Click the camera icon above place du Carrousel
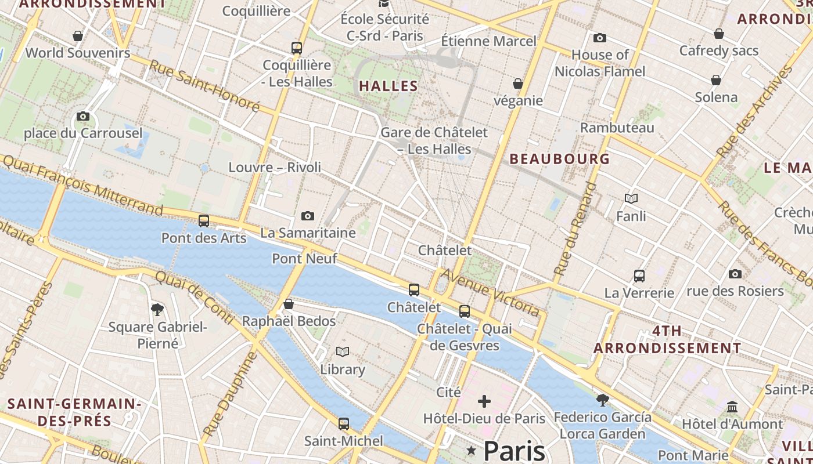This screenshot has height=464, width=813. tap(83, 117)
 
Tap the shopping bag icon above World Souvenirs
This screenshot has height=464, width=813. tap(78, 37)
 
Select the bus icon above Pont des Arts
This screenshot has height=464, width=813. tap(203, 221)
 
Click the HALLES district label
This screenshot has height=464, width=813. tap(388, 86)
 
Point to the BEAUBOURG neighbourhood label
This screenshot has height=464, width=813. tap(560, 159)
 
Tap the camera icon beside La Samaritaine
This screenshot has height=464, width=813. tap(308, 216)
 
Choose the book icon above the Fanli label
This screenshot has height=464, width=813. tap(631, 199)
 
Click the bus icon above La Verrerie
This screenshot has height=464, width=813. tap(639, 276)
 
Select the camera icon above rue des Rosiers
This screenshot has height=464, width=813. tap(735, 274)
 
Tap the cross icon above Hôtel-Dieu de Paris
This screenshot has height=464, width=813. tap(484, 401)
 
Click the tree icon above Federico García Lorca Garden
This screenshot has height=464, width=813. tap(602, 400)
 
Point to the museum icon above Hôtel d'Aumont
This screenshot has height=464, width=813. tap(732, 407)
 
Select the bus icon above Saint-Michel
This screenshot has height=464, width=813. tap(344, 424)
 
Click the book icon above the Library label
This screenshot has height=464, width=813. tap(343, 352)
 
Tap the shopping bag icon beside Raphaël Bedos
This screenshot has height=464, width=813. tap(288, 304)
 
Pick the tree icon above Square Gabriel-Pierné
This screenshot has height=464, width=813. tap(157, 310)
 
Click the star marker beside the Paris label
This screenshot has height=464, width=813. tap(472, 451)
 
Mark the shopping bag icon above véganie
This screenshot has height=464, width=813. tap(518, 84)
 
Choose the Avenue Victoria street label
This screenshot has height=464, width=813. tap(491, 292)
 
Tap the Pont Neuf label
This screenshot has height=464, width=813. tap(304, 259)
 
